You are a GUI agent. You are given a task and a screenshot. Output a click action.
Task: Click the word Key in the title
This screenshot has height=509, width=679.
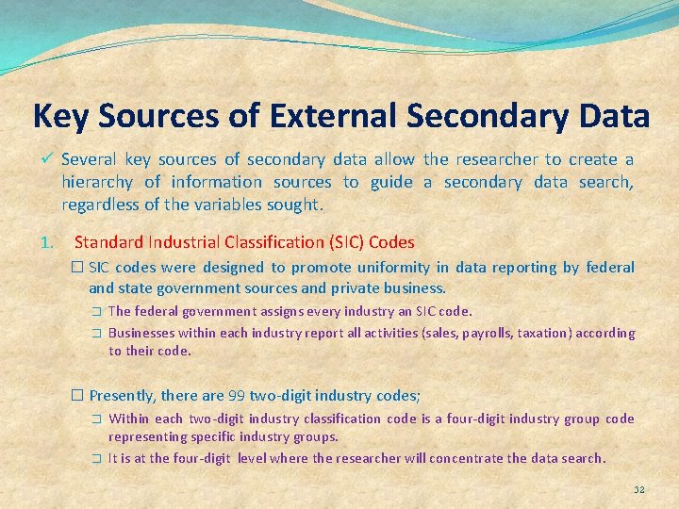60,116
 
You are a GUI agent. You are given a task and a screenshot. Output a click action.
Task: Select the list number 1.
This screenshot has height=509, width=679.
48,241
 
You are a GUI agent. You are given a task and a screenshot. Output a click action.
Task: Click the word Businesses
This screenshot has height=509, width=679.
141,333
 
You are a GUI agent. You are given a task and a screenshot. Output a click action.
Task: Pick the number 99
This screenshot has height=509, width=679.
238,396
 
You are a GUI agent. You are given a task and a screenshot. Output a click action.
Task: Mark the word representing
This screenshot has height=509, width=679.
146,437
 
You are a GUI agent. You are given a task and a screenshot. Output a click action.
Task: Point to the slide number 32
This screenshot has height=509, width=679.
638,490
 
